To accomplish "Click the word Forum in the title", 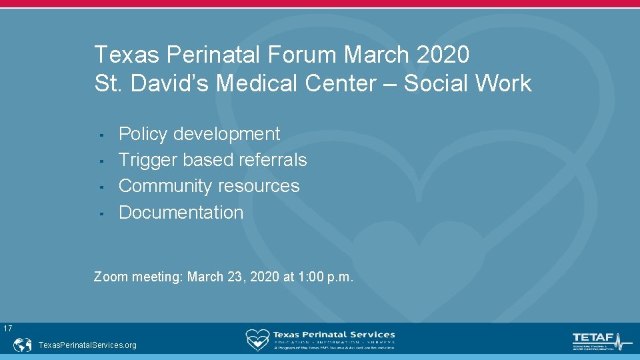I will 298,54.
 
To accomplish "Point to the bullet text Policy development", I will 199,134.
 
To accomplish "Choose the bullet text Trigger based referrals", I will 213,160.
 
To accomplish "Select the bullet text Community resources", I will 209,185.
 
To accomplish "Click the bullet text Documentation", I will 181,212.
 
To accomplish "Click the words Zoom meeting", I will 138,276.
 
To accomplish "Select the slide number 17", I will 7,328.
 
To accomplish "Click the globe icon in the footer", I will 23,345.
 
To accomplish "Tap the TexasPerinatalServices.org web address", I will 88,345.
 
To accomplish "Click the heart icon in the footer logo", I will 257,339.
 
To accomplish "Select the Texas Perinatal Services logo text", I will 333,335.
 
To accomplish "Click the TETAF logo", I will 601,340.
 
